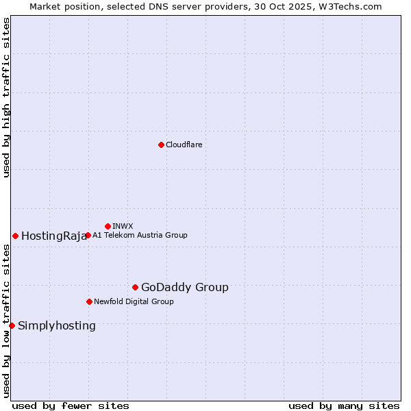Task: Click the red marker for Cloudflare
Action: [x=161, y=145]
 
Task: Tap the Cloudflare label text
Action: [x=184, y=145]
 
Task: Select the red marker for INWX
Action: [x=108, y=226]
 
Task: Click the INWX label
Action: [x=123, y=226]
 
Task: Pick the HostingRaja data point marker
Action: [x=15, y=236]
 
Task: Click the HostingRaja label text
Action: [x=54, y=236]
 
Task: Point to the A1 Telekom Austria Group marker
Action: [x=88, y=235]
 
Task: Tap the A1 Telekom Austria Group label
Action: [x=140, y=235]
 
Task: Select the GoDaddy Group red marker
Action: [x=135, y=287]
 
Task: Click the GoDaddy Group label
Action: [x=184, y=288]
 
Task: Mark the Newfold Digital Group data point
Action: [x=89, y=301]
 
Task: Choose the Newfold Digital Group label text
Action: [x=134, y=301]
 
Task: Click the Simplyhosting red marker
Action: [x=12, y=325]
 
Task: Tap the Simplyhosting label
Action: [x=57, y=326]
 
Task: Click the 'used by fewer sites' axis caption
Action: [x=71, y=406]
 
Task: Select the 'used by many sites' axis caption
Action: [x=344, y=406]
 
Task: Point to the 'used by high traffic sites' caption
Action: [x=7, y=97]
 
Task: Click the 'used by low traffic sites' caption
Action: [x=7, y=321]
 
